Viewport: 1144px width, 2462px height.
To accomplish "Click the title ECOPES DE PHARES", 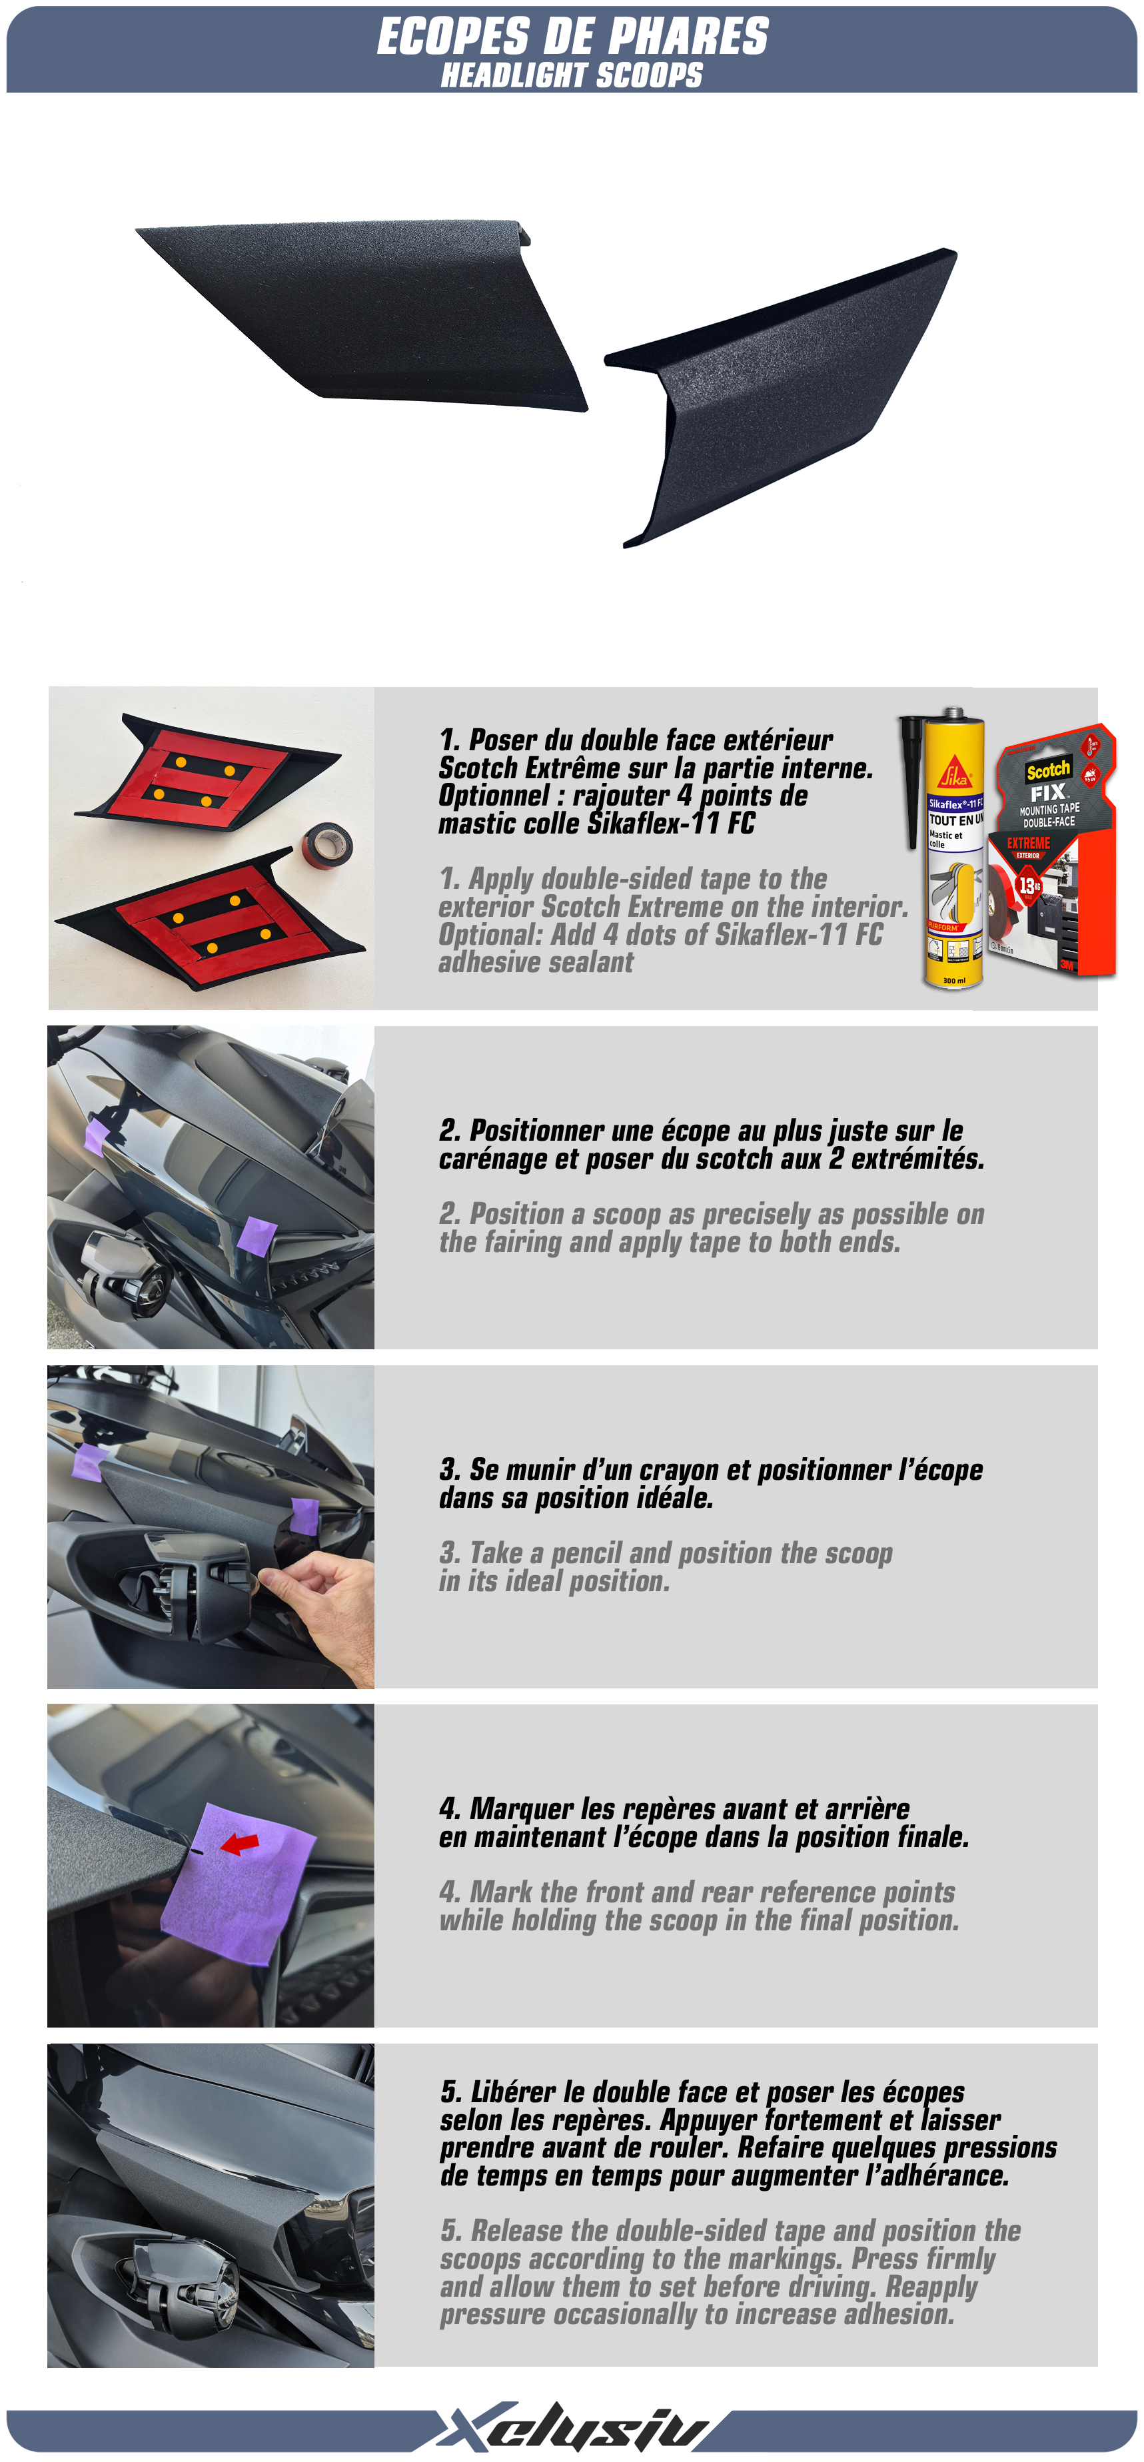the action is [572, 37].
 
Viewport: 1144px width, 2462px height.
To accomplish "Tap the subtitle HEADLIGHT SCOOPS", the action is [572, 75].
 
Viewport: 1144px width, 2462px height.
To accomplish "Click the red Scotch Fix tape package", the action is [1052, 851].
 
